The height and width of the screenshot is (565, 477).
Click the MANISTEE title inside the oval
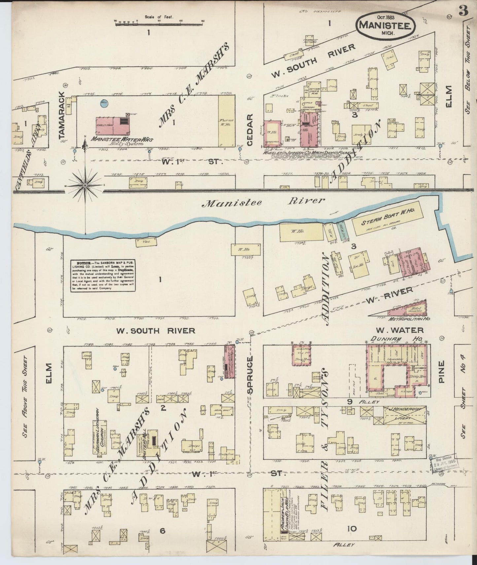(385, 25)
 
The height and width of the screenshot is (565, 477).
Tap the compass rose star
(85, 186)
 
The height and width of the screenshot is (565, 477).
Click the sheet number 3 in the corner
(463, 11)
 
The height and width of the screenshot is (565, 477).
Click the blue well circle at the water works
(103, 103)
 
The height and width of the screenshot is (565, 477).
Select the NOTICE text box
(103, 276)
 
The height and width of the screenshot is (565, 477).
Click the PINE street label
(441, 372)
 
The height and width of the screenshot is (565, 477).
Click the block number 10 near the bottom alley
(352, 529)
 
